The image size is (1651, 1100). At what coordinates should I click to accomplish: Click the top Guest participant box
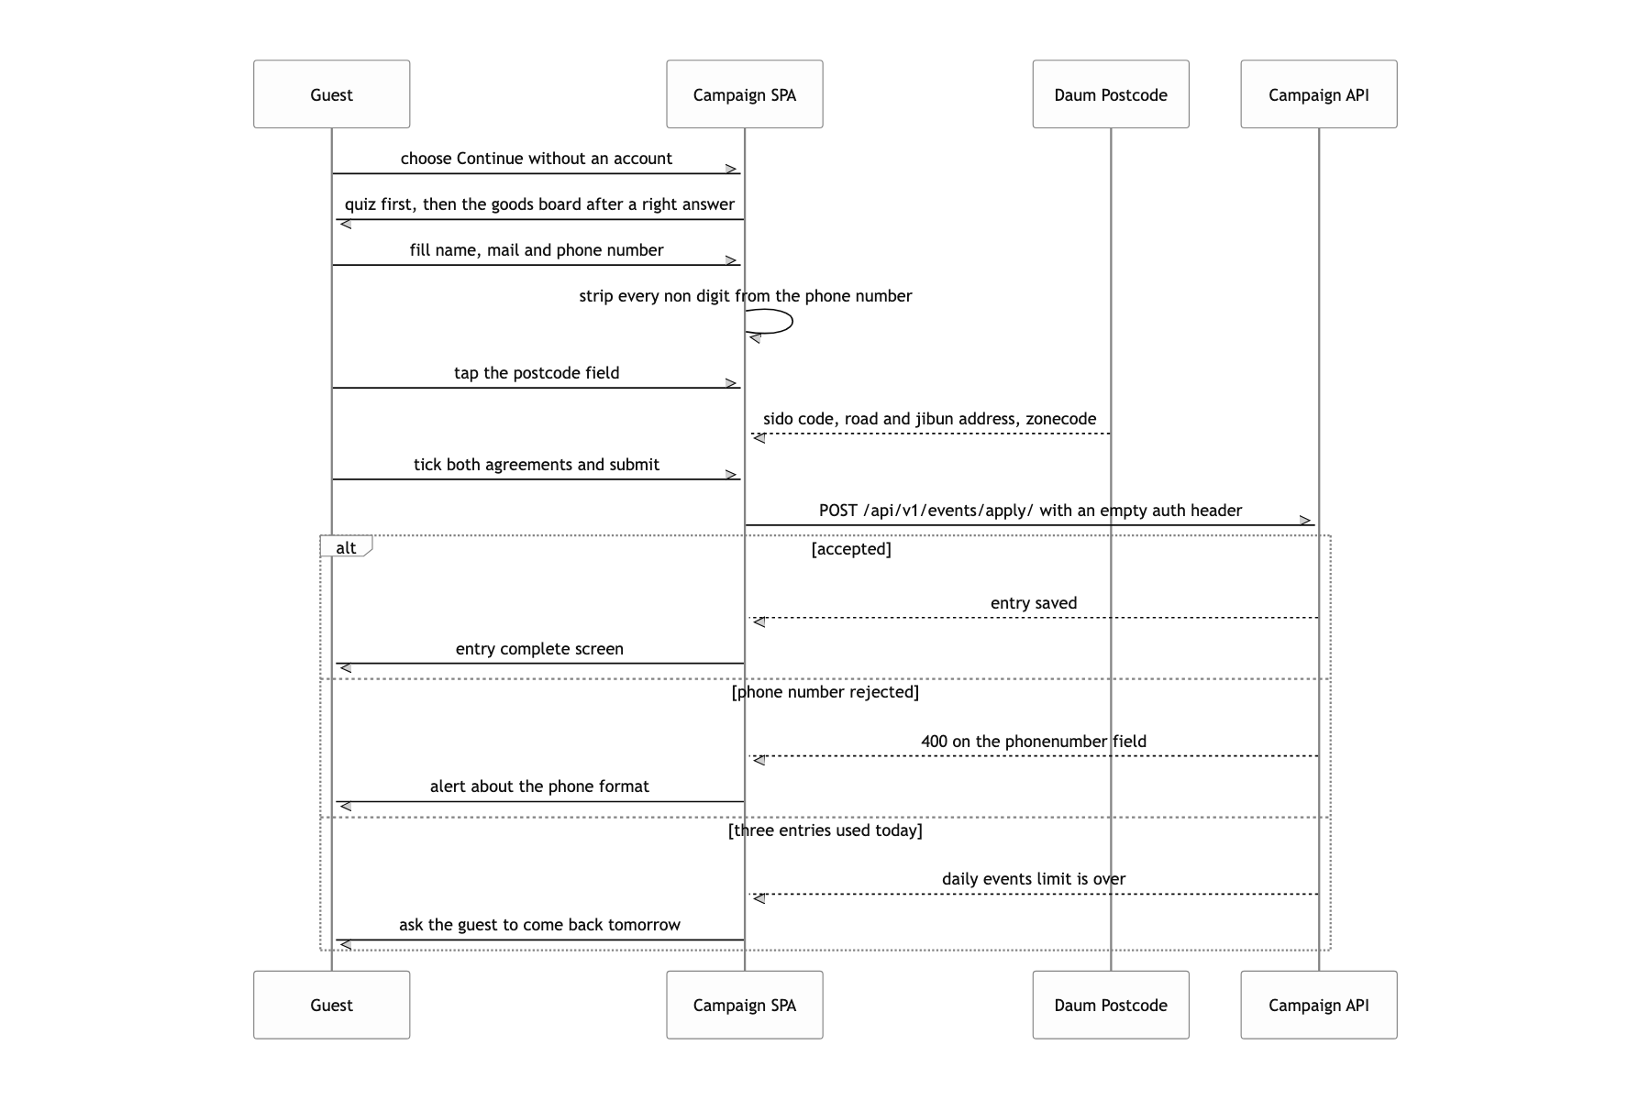331,94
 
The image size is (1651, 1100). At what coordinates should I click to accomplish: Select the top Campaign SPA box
745,94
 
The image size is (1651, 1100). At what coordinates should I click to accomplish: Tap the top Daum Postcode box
1111,94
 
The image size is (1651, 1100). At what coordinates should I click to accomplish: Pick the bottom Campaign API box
1319,1005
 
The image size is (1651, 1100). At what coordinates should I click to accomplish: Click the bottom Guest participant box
331,1005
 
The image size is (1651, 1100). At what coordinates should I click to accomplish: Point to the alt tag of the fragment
346,547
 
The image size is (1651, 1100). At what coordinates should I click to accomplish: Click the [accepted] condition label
851,549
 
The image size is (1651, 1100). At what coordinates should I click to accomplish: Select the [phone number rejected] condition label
825,692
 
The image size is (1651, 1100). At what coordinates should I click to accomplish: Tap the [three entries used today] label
825,830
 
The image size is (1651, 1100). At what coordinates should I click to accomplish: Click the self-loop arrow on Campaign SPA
792,322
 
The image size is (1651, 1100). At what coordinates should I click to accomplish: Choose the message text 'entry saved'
1034,603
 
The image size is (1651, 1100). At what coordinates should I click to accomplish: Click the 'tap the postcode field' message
537,373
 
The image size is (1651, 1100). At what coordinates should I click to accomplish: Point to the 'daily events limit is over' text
1034,879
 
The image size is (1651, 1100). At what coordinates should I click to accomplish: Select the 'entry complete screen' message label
539,649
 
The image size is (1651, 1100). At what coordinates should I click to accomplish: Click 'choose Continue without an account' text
537,159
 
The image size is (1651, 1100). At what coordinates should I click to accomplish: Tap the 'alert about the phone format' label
539,786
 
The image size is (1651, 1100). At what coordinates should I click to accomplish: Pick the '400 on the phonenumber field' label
1034,742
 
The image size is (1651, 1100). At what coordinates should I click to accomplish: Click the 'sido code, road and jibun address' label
891,419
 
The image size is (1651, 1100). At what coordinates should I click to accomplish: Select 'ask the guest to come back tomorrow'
539,925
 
